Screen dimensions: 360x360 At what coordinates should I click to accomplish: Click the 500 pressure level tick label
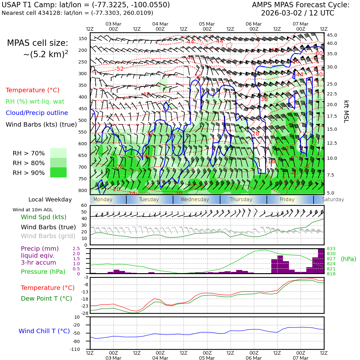click(82, 120)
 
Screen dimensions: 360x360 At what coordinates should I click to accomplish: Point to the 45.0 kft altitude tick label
click(332, 35)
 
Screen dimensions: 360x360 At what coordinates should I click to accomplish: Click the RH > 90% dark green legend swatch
click(58, 173)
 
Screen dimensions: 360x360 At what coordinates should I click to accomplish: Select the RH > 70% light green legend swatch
click(58, 153)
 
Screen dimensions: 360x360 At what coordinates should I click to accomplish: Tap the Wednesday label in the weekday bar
click(195, 200)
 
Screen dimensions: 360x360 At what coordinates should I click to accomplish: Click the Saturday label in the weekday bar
click(333, 200)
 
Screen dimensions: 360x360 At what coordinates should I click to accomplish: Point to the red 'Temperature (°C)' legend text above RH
click(33, 90)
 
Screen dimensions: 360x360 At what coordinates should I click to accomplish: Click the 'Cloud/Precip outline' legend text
click(37, 113)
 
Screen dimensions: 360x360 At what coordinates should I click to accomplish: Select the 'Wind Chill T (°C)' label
click(44, 331)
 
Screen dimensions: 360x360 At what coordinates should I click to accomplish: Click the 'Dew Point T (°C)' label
click(46, 298)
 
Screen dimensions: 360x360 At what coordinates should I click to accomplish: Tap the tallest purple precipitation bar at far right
click(321, 261)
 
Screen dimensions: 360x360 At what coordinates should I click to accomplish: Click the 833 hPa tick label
click(331, 249)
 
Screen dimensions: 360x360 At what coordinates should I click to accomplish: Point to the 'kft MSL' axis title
click(346, 111)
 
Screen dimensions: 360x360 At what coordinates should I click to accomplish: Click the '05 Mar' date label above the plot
click(207, 24)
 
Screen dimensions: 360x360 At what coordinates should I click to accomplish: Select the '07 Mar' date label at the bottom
click(300, 358)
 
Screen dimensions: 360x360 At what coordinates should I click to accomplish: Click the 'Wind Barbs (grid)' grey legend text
click(48, 236)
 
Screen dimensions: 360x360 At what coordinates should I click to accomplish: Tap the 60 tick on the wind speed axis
click(84, 205)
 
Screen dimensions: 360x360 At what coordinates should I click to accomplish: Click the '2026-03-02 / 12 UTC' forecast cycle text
click(297, 13)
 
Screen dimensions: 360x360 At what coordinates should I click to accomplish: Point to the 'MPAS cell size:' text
click(38, 43)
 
